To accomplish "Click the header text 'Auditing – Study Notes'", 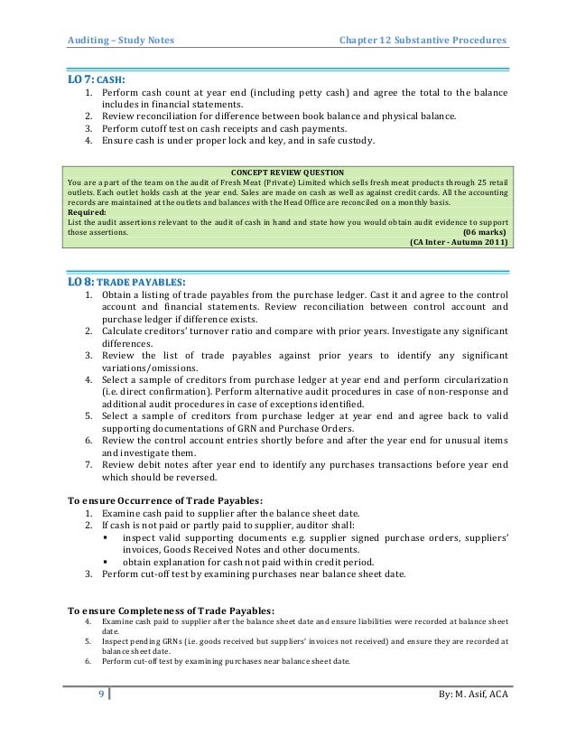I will coord(122,40).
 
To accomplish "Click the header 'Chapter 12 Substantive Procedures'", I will coord(422,40).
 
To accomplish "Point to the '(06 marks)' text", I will coord(485,231).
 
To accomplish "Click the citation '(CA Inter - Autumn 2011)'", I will coord(459,242).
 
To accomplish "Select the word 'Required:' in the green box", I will coord(88,211).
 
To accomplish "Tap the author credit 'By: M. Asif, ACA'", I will coord(471,693).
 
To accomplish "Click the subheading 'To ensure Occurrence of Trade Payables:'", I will coord(166,499).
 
